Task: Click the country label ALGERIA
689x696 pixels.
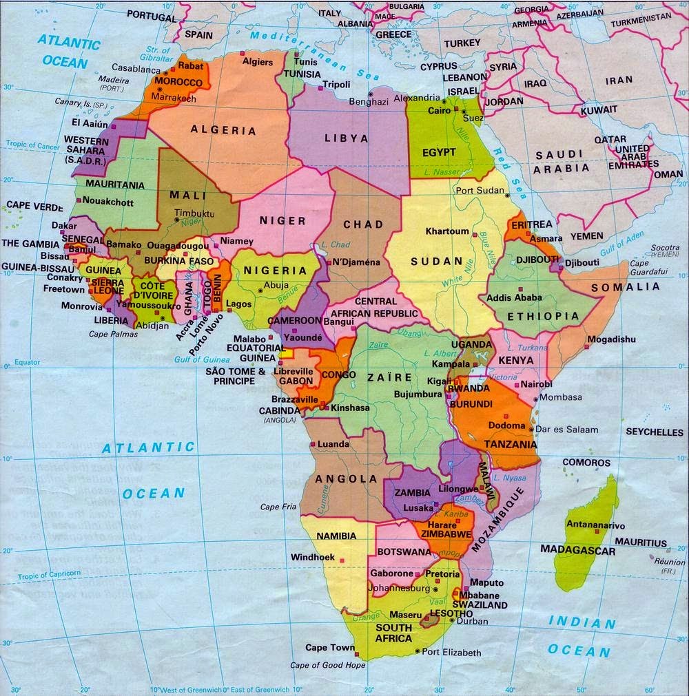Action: point(223,130)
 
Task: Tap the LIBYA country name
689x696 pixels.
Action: point(347,138)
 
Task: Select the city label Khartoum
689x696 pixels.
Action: point(447,231)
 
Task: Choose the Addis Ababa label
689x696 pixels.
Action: point(514,298)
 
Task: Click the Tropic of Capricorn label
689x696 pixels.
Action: point(49,573)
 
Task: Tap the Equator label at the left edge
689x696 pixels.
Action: point(27,362)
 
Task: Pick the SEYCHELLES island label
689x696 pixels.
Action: point(655,432)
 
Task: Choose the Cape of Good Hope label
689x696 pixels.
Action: point(328,665)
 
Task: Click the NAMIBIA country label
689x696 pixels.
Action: point(336,536)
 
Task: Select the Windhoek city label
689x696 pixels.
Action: point(313,557)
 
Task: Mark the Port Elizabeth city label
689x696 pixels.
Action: point(451,652)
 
